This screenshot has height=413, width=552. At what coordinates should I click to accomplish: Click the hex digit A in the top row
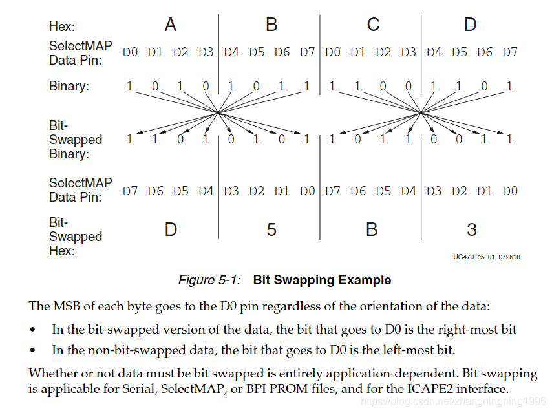point(171,25)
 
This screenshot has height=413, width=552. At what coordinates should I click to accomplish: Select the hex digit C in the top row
point(373,25)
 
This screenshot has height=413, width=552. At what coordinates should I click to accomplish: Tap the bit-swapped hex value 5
point(271,229)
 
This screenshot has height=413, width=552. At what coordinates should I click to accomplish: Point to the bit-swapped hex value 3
point(472,229)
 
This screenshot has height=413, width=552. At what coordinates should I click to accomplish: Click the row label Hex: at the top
point(62,26)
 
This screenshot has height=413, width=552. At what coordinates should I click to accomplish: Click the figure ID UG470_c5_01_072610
point(487,257)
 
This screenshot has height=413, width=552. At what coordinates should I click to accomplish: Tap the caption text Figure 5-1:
point(209,280)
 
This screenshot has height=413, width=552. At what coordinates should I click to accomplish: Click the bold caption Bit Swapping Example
point(322,280)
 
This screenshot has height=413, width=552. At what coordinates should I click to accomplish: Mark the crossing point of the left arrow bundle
point(219,112)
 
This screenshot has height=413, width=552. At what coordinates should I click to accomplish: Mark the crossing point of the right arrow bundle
point(421,112)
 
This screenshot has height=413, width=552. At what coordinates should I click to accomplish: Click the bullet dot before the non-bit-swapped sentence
point(33,351)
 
